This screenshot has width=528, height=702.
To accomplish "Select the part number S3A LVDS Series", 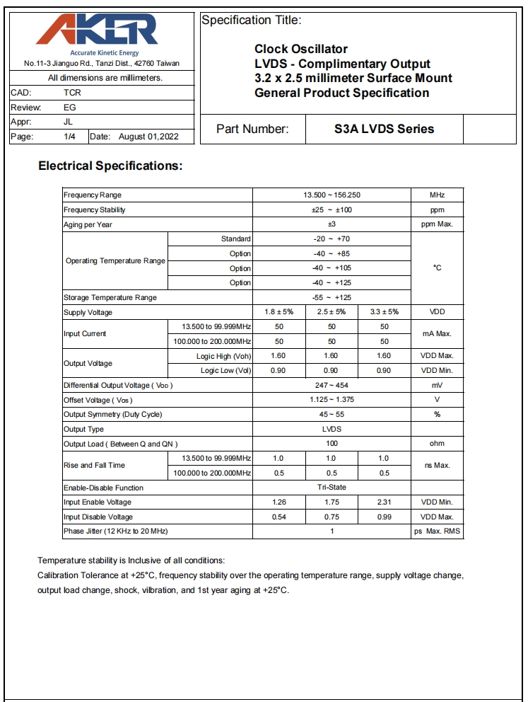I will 384,129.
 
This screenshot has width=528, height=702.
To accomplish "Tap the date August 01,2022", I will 148,137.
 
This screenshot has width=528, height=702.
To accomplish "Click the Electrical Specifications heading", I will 110,166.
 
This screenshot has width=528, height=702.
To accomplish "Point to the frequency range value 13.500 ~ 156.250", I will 332,195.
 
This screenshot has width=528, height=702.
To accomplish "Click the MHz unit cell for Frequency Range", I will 437,195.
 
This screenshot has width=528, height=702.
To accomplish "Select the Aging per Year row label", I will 88,224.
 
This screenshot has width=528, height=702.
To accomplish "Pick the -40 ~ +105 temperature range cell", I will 332,268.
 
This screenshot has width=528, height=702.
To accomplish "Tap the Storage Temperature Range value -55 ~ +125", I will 332,297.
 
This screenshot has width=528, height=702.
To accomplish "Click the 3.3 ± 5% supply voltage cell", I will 384,312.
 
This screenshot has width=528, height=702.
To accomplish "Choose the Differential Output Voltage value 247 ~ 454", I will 332,385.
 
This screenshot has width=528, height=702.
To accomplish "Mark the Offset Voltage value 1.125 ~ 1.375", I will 332,400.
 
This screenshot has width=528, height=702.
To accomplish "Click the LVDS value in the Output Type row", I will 332,429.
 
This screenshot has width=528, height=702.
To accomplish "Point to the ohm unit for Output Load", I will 437,444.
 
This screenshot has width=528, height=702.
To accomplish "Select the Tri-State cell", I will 332,488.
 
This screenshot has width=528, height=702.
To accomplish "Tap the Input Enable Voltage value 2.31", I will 384,502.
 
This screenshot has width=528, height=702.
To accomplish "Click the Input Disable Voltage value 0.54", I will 278,517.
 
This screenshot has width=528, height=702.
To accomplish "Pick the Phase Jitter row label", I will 116,531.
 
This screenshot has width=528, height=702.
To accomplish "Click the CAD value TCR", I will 72,93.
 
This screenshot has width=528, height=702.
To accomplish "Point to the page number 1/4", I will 70,137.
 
